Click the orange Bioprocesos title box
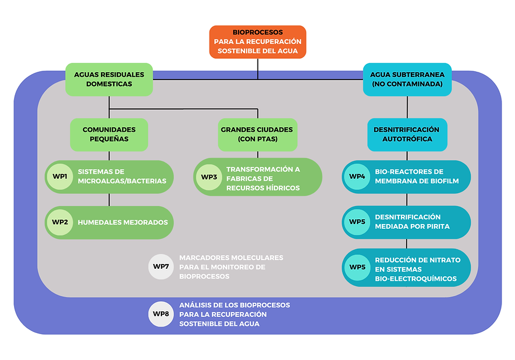[x=257, y=42]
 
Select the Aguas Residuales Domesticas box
[x=109, y=79]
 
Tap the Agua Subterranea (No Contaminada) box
[x=407, y=79]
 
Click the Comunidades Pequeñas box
[x=109, y=134]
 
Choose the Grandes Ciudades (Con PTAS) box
[x=257, y=134]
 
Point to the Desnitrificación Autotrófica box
[x=407, y=134]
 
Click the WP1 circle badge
[x=60, y=176]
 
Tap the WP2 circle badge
[x=60, y=222]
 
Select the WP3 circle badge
[x=209, y=177]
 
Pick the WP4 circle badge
[x=357, y=176]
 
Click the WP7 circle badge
[x=161, y=267]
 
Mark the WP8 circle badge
[x=161, y=314]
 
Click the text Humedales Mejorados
[x=123, y=222]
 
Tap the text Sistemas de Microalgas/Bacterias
[x=121, y=176]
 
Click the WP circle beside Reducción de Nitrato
[x=357, y=267]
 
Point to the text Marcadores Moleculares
[x=231, y=257]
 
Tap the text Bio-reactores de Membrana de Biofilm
[x=416, y=176]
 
